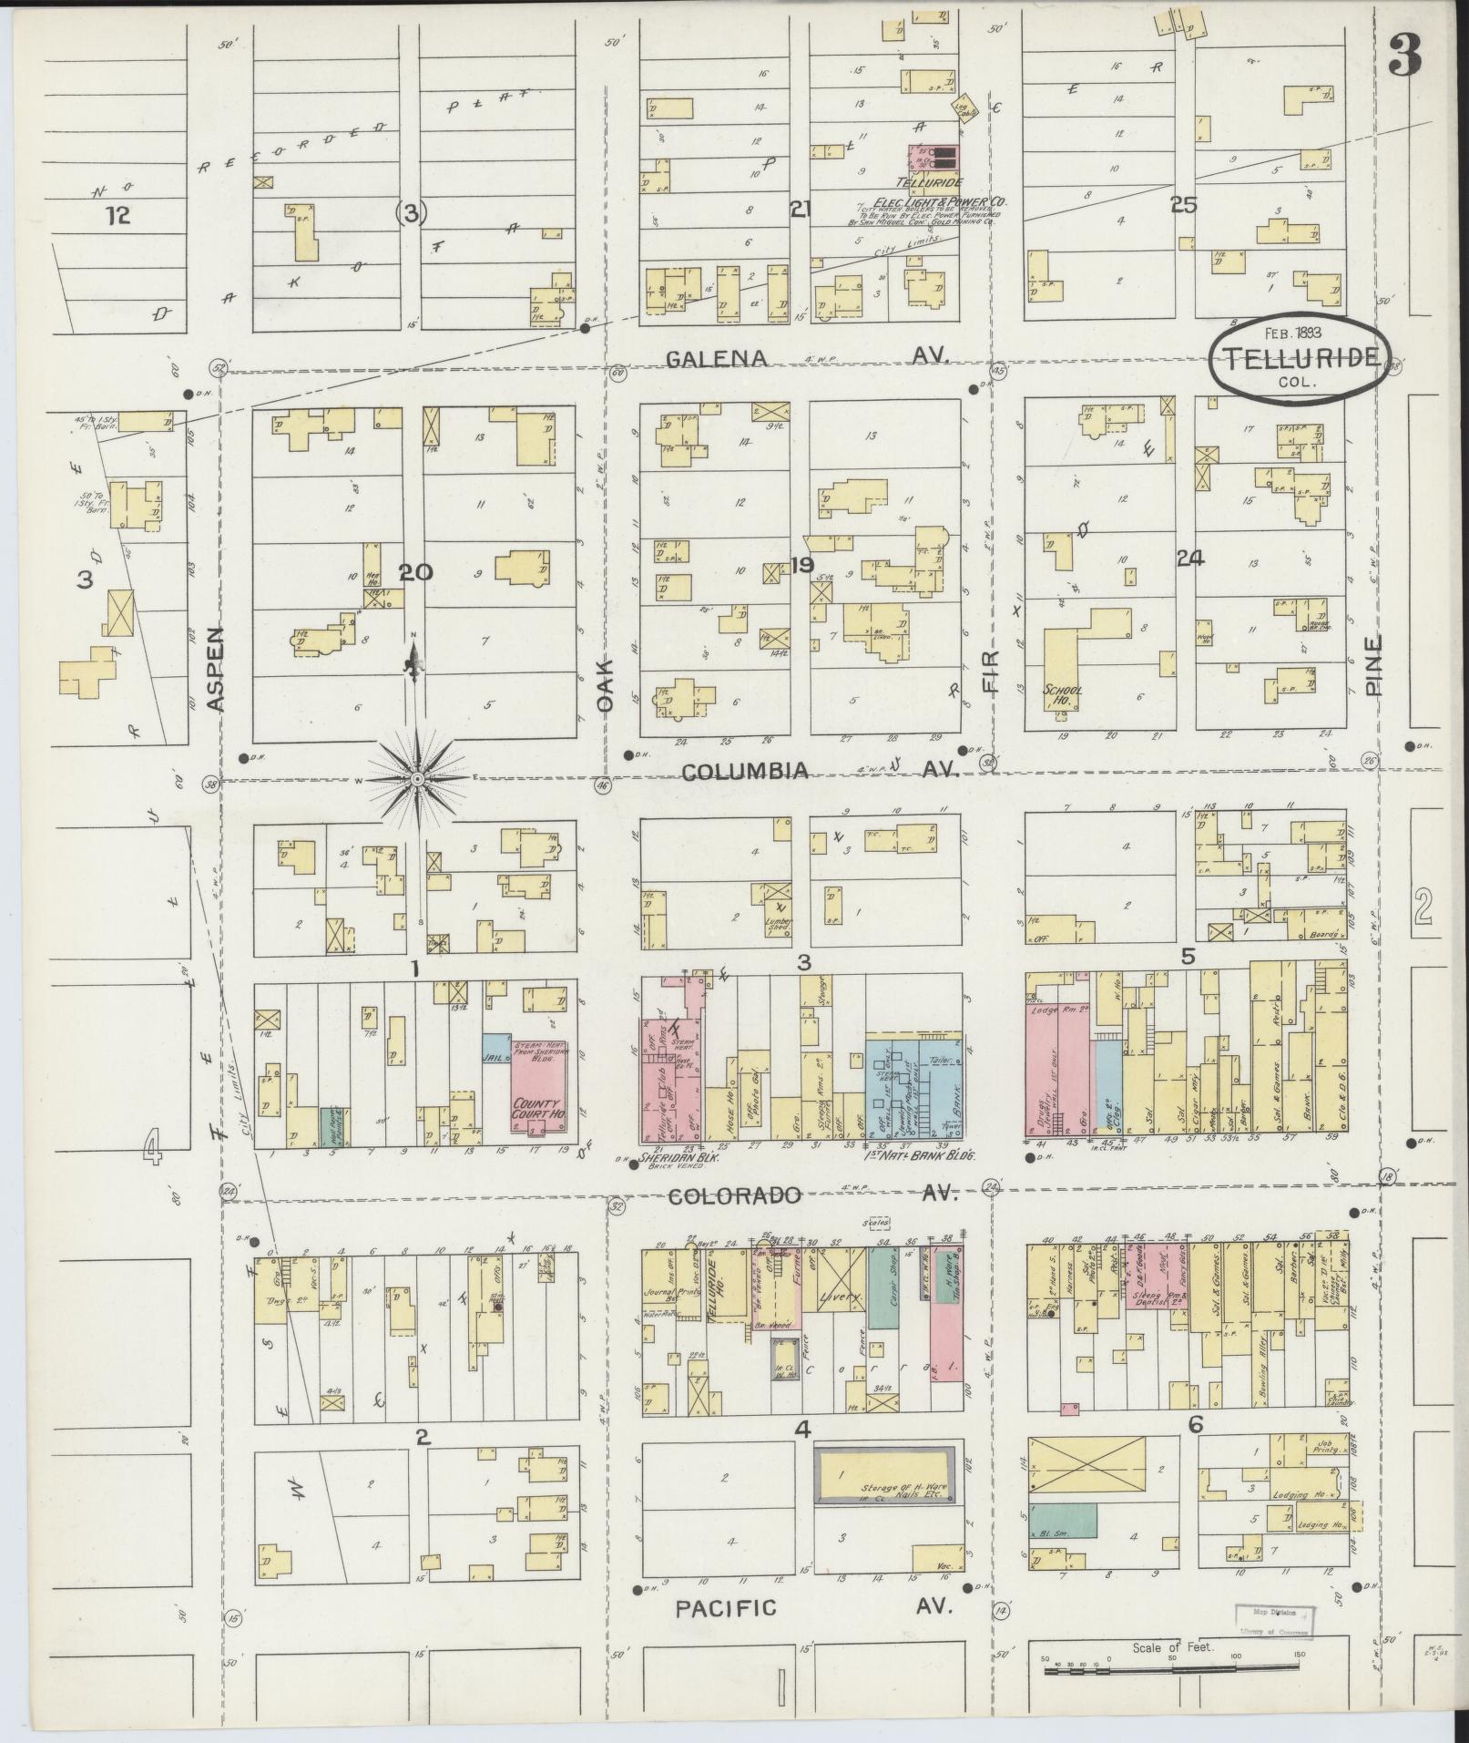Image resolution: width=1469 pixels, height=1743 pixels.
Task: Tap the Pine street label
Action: [x=1373, y=665]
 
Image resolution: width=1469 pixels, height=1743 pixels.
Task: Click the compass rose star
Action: [x=417, y=779]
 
